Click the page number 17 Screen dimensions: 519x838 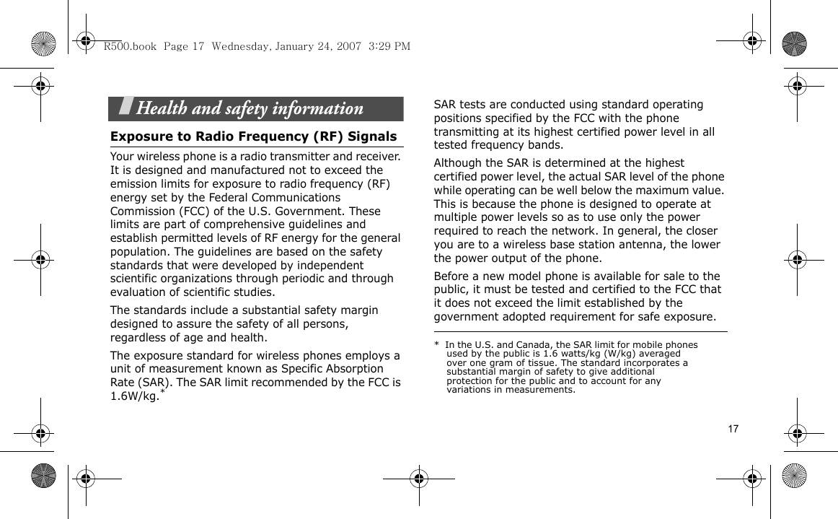pos(733,429)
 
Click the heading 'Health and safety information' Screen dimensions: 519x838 pos(250,109)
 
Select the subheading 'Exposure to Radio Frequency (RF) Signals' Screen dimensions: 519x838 pos(253,136)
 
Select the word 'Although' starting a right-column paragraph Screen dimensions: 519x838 pos(458,163)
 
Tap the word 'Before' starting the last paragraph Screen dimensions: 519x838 pos(451,276)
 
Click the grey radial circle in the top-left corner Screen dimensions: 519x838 pos(44,43)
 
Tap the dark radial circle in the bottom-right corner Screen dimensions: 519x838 pos(794,476)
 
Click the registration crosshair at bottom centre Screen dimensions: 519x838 pos(418,478)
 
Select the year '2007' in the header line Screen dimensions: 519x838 pos(348,46)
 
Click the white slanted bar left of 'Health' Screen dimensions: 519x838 pos(125,108)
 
